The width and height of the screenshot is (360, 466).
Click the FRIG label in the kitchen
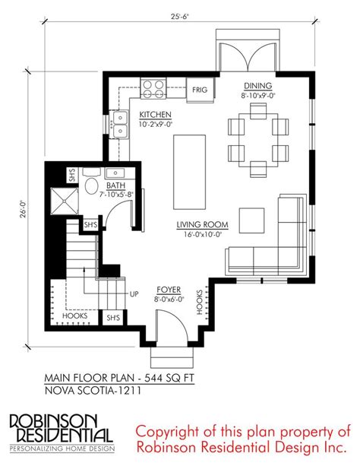click(200, 90)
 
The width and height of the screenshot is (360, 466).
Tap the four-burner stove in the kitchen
click(153, 89)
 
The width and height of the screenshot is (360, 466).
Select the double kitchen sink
click(119, 124)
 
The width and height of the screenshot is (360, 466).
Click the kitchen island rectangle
click(190, 172)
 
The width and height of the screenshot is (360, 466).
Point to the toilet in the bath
click(91, 182)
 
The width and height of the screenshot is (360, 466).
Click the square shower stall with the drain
click(64, 201)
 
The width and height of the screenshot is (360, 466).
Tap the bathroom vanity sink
click(115, 173)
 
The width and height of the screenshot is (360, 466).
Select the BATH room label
click(116, 185)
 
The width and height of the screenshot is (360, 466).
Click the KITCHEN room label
click(156, 115)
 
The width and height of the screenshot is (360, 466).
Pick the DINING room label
click(257, 86)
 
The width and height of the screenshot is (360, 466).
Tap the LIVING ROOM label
click(203, 225)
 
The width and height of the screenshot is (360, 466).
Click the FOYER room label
click(169, 290)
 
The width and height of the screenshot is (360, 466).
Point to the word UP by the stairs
click(134, 294)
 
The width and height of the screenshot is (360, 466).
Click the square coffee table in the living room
click(252, 220)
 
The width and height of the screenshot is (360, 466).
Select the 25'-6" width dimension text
click(180, 17)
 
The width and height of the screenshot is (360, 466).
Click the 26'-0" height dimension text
click(24, 209)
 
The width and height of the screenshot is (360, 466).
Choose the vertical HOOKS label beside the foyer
click(199, 302)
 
